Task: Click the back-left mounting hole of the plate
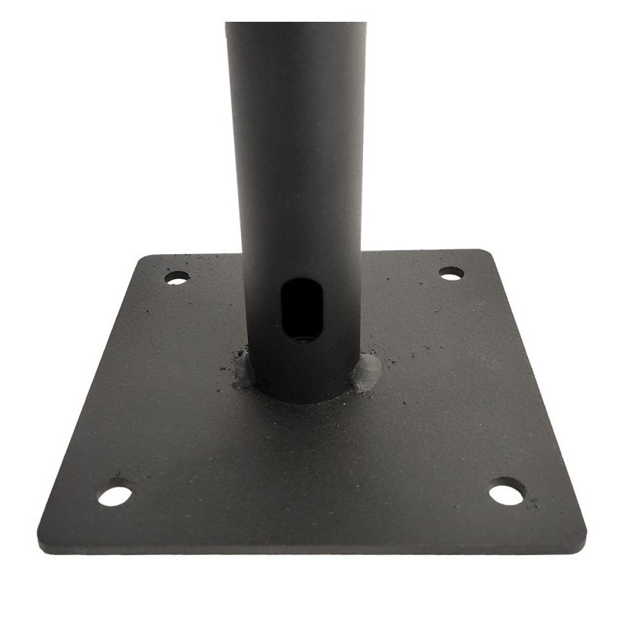click(176, 278)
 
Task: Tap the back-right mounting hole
click(451, 273)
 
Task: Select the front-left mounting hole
click(115, 495)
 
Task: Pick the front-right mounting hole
click(506, 492)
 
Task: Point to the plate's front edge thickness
click(311, 549)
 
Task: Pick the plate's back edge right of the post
click(420, 252)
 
